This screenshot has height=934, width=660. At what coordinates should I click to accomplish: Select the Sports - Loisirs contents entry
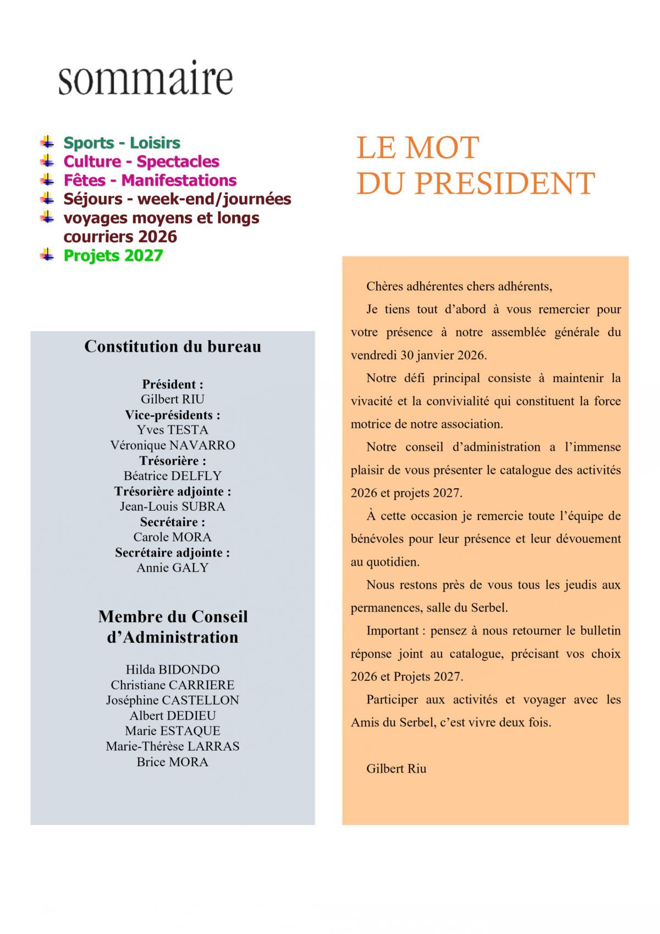[x=122, y=143]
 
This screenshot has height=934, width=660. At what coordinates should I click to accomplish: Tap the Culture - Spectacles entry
[x=141, y=162]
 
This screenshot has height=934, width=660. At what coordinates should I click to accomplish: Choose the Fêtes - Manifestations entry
[x=150, y=181]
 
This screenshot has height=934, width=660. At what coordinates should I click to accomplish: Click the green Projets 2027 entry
[x=113, y=256]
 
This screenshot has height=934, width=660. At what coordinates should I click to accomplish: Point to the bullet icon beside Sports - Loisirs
[x=48, y=142]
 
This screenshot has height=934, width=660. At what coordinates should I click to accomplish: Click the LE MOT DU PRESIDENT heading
[x=476, y=165]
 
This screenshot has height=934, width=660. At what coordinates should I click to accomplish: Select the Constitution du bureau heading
[x=173, y=346]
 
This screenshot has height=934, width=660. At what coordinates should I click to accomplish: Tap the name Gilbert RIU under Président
[x=173, y=399]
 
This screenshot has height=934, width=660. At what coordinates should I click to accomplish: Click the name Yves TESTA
[x=173, y=430]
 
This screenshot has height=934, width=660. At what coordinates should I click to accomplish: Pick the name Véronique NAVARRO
[x=173, y=445]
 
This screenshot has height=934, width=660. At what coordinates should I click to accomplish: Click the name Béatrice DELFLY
[x=173, y=476]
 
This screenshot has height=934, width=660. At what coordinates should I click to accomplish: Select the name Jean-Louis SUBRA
[x=173, y=506]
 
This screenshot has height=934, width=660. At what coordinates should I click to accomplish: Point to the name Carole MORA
[x=173, y=537]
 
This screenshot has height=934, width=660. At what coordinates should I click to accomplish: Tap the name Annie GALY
[x=173, y=567]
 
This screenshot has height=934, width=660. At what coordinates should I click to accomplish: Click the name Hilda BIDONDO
[x=173, y=670]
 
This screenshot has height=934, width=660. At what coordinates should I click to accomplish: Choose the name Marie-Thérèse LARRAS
[x=173, y=746]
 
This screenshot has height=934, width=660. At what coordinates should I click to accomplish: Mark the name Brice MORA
[x=173, y=762]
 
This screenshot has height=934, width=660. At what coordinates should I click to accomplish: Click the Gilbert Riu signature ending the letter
[x=396, y=769]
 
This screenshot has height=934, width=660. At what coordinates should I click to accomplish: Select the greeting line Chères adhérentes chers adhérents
[x=459, y=287]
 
